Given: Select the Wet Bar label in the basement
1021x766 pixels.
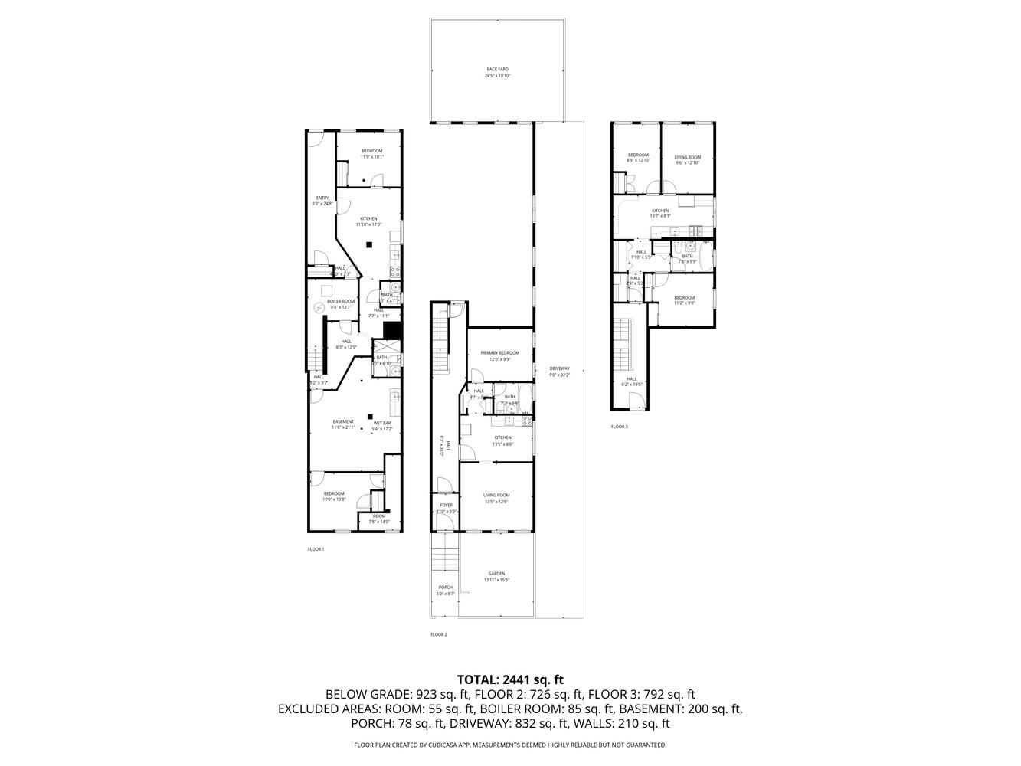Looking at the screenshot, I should point(382,426).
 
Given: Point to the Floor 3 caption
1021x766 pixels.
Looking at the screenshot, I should point(619,427).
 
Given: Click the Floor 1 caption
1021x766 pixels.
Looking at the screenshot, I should point(316,549).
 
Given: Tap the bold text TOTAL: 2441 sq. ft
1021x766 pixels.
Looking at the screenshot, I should point(510,679).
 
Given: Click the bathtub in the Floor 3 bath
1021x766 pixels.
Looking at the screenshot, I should point(689,247).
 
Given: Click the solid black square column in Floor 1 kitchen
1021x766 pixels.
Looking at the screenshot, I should point(369,244).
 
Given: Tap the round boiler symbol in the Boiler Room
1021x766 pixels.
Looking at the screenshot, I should point(319,308).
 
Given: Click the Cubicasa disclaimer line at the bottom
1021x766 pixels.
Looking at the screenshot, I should point(510,745).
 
